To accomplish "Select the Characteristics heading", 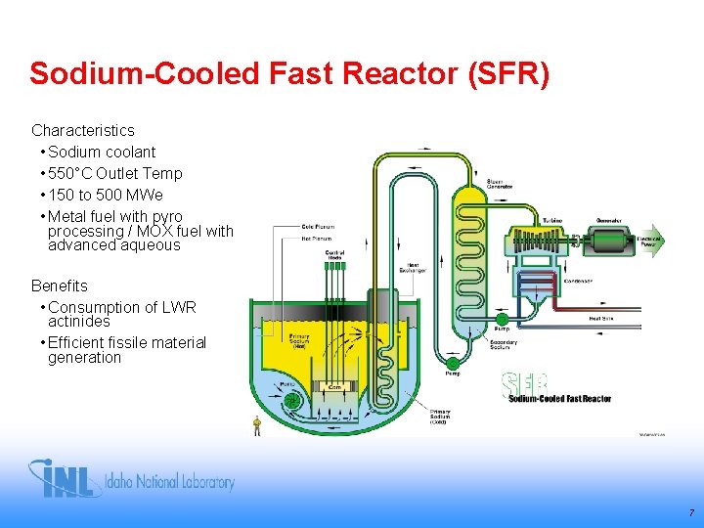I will point(83,130).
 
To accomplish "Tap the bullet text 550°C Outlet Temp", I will point(114,173).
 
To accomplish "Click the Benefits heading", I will point(59,286).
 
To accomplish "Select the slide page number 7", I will point(691,512).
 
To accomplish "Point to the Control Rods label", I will point(334,255).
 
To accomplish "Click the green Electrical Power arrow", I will point(649,239).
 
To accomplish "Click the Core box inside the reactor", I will point(334,387).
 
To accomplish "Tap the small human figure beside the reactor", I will point(257,425).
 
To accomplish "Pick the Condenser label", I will point(578,281).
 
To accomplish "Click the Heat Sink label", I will point(601,318).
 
